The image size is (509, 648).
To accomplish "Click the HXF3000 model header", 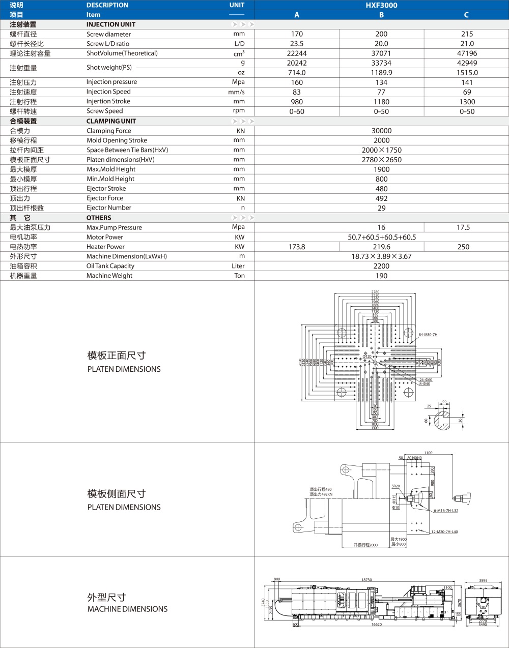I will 381,5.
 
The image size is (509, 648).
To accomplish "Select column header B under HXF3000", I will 381,15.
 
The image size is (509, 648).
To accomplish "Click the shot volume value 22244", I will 297,53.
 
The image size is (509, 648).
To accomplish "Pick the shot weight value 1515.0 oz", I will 467,73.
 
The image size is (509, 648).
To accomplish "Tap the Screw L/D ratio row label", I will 108,44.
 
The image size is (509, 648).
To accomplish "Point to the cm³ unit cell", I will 239,53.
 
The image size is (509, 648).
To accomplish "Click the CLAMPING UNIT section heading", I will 111,121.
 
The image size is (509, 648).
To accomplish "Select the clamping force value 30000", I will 381,131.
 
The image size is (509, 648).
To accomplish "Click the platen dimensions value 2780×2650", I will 381,160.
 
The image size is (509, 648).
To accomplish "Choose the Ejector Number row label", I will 109,208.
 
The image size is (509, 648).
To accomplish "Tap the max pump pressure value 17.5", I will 463,227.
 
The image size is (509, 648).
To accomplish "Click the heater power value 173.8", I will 297,247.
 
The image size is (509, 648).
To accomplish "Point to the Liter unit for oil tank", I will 238,266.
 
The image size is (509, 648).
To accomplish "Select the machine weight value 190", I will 381,276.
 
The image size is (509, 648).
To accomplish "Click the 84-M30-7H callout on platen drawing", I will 428,335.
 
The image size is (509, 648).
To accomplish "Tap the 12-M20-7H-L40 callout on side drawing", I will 444,532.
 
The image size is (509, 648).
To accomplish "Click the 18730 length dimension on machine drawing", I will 366,580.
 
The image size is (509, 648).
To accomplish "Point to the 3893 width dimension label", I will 483,580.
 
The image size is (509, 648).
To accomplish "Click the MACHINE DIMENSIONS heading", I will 127,609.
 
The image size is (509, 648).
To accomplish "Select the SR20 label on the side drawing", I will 395,486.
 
